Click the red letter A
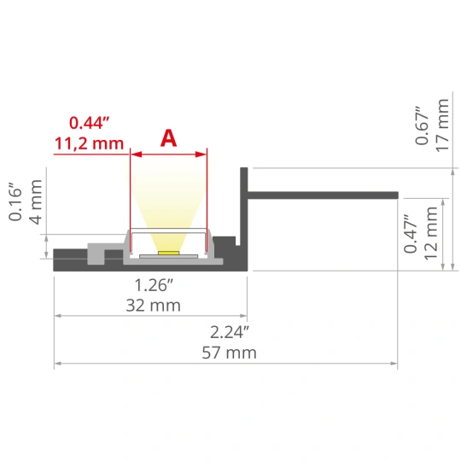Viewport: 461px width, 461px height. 169,138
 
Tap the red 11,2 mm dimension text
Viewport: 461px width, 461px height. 89,143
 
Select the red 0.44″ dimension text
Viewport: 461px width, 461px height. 90,123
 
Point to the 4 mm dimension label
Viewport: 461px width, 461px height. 36,201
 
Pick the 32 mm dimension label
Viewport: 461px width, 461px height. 153,306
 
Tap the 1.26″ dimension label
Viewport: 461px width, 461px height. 154,285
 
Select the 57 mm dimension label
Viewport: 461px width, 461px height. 229,353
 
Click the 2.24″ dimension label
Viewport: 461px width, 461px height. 230,333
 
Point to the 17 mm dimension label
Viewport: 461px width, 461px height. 442,125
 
